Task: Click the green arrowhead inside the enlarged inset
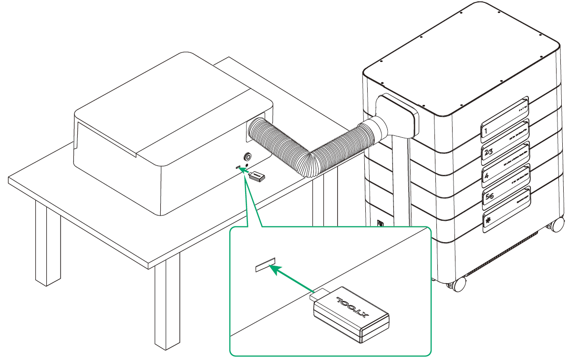[275, 270]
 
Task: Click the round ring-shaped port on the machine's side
[248, 157]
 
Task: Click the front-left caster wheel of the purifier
[458, 285]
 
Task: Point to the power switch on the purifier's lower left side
[380, 224]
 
